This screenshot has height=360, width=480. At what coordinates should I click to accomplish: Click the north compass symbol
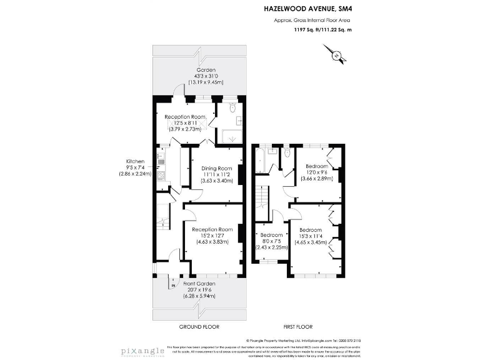338,56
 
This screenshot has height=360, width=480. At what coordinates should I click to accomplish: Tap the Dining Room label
216,168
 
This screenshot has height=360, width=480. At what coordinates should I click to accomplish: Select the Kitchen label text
135,161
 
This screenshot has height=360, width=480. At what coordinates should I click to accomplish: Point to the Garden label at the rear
206,70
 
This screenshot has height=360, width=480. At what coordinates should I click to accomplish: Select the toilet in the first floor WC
287,152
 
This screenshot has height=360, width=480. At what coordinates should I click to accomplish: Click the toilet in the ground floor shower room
232,109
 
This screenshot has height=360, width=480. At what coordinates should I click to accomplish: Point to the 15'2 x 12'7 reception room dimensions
216,235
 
